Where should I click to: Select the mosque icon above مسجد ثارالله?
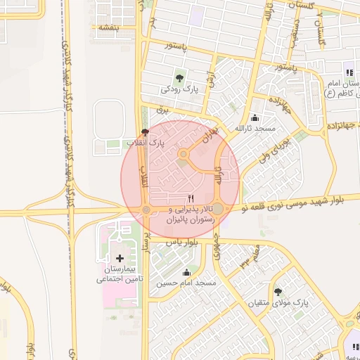(254, 117)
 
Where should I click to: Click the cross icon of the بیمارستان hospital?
(119, 259)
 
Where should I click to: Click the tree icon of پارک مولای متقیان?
(278, 291)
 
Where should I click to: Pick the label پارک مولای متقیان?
(279, 304)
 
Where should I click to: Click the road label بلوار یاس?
(181, 242)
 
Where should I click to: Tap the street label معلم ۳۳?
(247, 257)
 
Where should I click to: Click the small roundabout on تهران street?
(184, 154)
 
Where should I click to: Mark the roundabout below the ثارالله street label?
(218, 209)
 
